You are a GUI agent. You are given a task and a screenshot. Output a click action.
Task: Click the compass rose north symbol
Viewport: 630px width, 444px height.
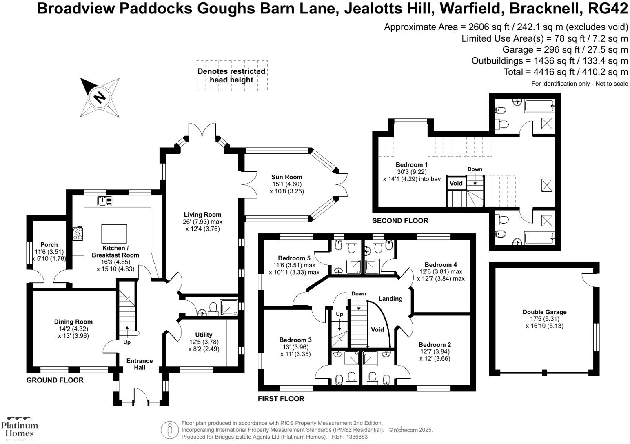click(100, 97)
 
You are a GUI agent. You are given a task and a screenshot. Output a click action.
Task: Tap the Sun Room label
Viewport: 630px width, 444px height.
click(286, 177)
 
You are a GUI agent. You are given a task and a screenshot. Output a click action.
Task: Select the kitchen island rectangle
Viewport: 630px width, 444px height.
click(114, 234)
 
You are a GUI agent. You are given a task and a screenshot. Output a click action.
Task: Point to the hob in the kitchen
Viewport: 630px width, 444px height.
click(78, 233)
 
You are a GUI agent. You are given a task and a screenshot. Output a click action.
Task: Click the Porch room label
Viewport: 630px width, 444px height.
click(49, 245)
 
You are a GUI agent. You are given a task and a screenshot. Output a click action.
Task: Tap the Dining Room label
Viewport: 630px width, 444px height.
click(73, 322)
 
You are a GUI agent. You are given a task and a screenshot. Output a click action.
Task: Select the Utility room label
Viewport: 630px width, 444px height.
click(204, 335)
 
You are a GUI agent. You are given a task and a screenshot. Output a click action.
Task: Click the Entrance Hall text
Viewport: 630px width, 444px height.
click(140, 364)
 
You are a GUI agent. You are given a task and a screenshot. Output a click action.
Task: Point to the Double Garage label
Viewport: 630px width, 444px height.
click(544, 312)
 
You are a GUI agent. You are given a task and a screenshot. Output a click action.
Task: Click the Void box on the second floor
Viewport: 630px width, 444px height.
click(456, 183)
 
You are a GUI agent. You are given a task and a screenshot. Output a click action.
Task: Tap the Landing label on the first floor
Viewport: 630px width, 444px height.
click(390, 299)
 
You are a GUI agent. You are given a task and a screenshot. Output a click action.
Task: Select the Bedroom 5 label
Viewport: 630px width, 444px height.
click(294, 258)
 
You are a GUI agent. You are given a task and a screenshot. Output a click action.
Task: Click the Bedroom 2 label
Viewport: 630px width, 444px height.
click(435, 344)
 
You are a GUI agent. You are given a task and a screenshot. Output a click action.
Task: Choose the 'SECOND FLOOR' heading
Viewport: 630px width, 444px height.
click(400, 221)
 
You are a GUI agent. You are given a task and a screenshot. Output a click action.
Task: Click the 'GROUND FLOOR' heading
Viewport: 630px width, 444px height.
click(55, 380)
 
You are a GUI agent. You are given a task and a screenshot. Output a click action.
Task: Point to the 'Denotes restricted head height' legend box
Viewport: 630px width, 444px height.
click(231, 75)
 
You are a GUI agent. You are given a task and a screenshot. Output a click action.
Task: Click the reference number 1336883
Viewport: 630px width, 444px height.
click(356, 437)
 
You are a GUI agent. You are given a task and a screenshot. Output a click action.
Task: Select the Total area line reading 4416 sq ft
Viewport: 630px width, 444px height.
click(566, 72)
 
